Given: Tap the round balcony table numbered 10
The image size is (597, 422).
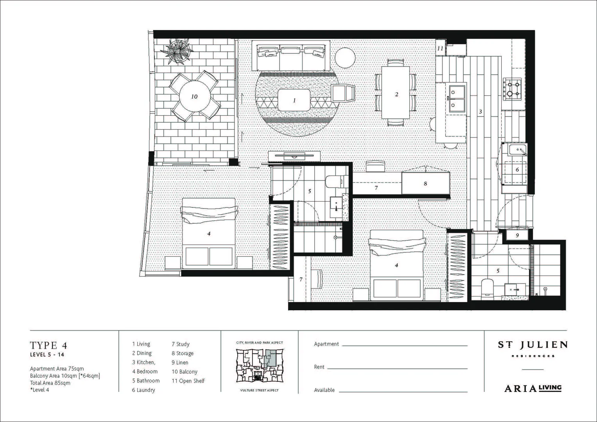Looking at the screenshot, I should (194, 97).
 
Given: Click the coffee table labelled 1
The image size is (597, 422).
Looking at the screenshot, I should (294, 100).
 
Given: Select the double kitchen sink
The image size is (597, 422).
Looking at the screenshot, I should (456, 98).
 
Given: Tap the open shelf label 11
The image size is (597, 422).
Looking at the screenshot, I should (441, 49).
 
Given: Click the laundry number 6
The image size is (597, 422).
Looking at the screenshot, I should (517, 170).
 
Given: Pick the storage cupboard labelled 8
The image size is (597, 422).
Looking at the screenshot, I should (425, 183).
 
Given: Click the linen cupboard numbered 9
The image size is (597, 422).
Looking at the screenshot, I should (517, 235).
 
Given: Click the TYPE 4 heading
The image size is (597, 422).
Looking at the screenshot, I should (48, 345).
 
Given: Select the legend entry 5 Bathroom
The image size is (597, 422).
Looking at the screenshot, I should (146, 381).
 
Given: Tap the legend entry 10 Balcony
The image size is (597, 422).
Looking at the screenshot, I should (185, 372).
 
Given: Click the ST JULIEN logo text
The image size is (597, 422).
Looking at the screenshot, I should (532, 345).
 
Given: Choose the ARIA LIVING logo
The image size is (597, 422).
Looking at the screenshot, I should (532, 388).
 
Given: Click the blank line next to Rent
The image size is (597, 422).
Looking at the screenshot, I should (397, 367).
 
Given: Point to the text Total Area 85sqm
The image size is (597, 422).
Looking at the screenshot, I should (50, 383).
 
